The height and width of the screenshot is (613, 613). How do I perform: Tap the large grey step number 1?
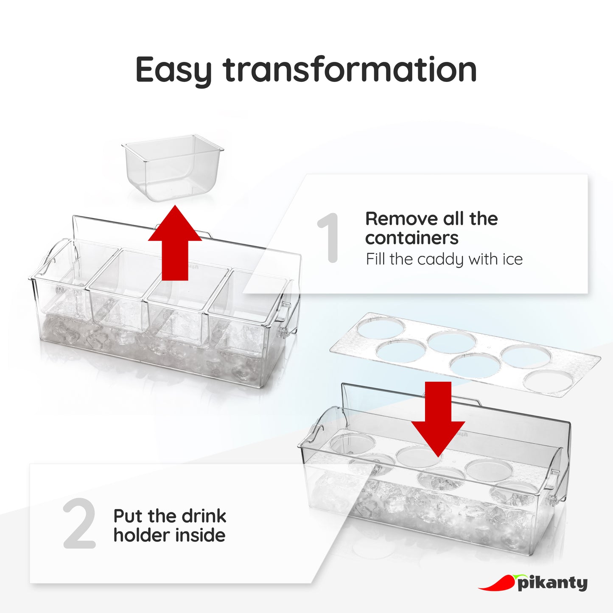point(329,238)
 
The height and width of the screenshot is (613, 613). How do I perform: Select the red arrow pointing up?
point(175,243)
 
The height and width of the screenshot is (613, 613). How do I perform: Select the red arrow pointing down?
point(438,419)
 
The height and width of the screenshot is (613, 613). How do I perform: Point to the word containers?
point(411,238)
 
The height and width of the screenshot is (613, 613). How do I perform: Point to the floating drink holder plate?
point(465,354)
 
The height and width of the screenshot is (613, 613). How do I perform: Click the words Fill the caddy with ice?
point(444,260)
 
